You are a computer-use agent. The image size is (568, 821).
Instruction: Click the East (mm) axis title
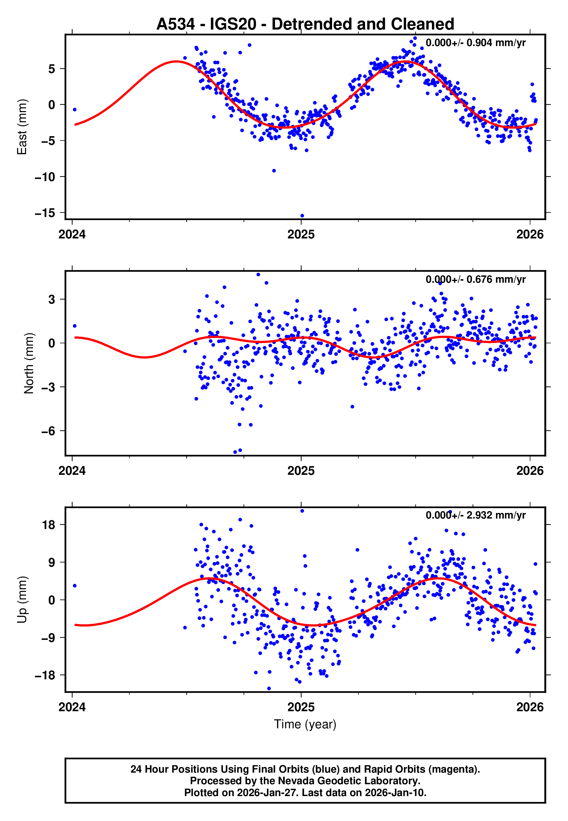(22, 127)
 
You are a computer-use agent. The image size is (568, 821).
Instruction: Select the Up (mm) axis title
(22, 600)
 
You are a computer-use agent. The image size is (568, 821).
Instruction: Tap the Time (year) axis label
(305, 725)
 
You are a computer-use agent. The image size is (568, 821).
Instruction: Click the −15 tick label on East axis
(45, 213)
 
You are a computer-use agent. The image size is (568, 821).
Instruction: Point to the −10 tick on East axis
(45, 177)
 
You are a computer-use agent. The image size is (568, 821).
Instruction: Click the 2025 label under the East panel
(301, 234)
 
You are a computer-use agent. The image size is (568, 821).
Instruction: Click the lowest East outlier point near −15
(302, 216)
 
